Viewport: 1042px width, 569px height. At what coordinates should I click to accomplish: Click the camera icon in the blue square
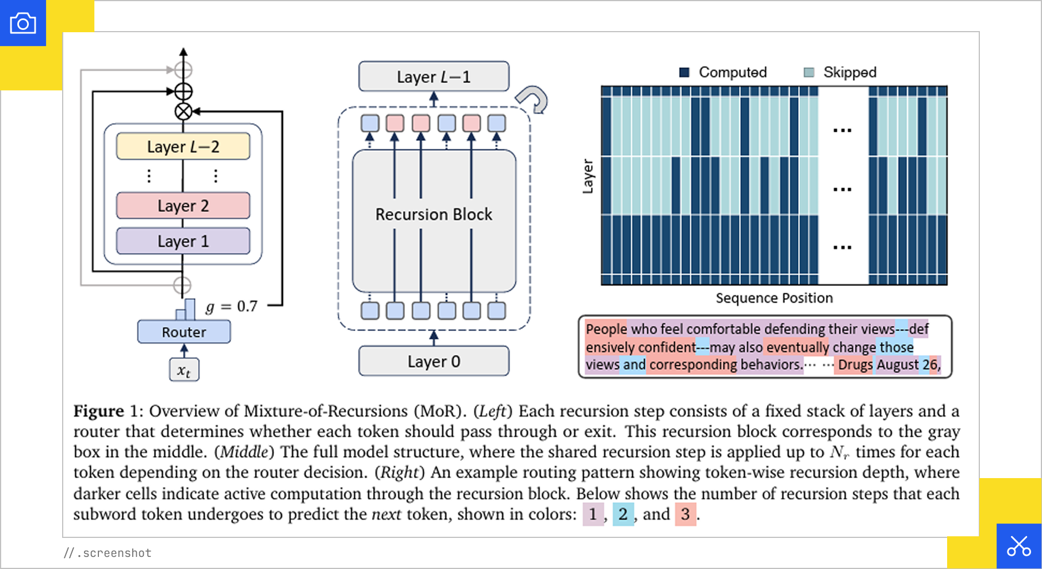point(23,23)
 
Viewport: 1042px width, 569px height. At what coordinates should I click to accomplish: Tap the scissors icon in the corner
point(1018,546)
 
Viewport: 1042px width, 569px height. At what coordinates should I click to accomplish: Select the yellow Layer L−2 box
point(183,147)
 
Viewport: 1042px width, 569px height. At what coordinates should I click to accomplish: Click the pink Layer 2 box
point(183,206)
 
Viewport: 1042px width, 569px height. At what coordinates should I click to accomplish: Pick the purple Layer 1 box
point(183,242)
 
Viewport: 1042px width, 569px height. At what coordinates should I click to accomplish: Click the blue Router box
point(183,332)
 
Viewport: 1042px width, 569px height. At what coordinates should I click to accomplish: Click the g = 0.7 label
point(232,306)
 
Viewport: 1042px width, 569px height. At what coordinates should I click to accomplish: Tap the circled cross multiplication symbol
point(183,112)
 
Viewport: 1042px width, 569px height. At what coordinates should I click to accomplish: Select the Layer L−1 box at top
point(434,77)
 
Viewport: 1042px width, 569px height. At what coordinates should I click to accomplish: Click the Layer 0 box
point(434,361)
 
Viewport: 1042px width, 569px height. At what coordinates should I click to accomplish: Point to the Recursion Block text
point(434,214)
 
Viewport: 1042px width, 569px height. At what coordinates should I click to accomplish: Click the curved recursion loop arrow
point(534,100)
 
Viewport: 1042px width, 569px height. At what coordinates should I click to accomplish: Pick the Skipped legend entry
point(841,72)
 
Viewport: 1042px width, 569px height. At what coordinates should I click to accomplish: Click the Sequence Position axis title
point(774,298)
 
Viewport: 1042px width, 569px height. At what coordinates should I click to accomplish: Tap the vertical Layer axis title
point(587,176)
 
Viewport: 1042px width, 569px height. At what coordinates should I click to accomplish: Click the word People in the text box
point(606,329)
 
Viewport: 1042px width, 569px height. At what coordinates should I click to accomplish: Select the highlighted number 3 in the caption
point(685,514)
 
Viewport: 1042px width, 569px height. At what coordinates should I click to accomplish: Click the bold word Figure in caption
point(98,411)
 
